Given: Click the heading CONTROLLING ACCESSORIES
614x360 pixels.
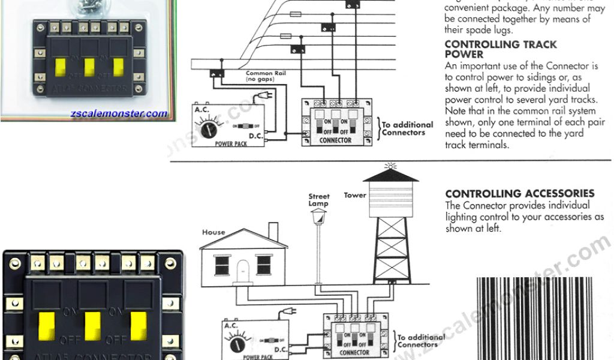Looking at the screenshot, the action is coord(520,194).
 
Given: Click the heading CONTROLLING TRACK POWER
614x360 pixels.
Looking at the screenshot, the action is coord(500,49).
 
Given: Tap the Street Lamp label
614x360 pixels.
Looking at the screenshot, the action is coord(319,200).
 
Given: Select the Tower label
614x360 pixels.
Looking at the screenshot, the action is coord(355,196).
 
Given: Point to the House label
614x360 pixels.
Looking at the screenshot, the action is coord(213,232).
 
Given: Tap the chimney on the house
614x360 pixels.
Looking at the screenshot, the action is coord(273,231).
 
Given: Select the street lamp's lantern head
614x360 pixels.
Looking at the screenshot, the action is coord(319,219).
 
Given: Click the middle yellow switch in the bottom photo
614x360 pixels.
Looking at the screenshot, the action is coord(93,324).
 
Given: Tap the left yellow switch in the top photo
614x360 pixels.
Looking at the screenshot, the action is coord(61,68).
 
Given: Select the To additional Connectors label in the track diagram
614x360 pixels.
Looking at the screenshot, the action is coord(407,128).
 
